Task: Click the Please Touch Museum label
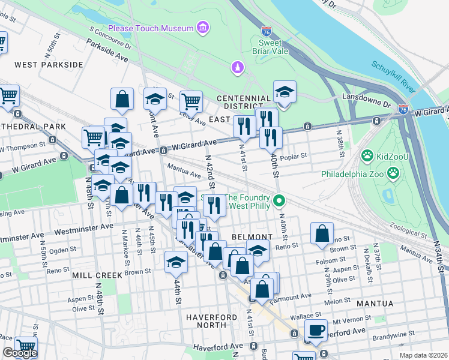(x=151, y=28)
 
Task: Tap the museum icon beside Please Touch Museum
(x=203, y=28)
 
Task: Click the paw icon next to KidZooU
(x=367, y=156)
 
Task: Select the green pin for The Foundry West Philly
(x=278, y=200)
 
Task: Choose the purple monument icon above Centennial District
(x=238, y=68)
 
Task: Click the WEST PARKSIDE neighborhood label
(x=49, y=64)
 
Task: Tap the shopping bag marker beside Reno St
(x=322, y=233)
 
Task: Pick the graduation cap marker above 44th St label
(x=176, y=262)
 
